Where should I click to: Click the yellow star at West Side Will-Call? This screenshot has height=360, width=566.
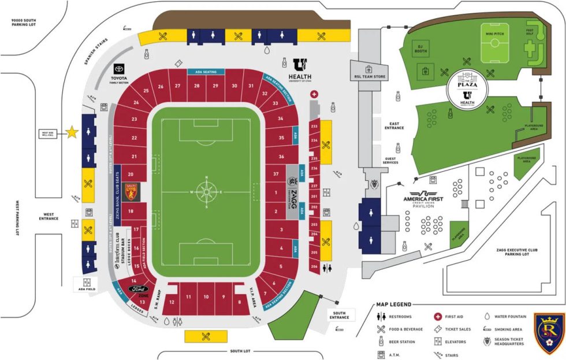point(72,132)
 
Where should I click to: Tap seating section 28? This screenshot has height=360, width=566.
point(197,86)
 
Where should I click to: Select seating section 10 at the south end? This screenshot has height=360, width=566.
point(206,296)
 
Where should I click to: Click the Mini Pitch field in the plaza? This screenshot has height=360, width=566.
point(496,43)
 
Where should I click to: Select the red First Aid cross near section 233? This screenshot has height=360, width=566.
point(314,94)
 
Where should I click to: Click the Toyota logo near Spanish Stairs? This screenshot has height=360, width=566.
point(120,71)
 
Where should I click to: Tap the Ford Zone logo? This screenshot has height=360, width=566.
point(139,289)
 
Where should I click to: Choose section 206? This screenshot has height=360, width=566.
point(314,267)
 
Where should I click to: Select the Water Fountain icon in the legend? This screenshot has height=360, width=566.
point(487,316)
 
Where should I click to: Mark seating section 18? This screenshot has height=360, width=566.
point(131,211)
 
